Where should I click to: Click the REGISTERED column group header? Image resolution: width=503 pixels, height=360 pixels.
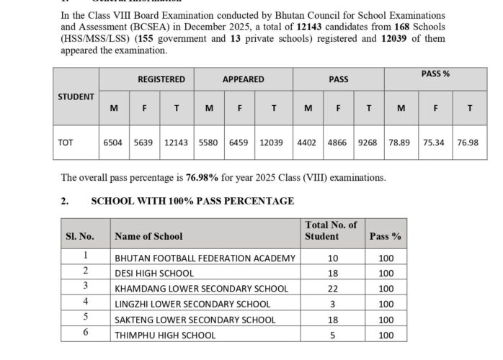coord(161,79)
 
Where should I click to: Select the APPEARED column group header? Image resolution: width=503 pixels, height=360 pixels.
coord(243,79)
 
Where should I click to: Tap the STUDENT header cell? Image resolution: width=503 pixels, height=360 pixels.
coord(76,96)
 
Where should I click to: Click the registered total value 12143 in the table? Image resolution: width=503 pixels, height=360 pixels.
coord(176,143)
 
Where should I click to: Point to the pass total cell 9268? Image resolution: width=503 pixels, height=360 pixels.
coord(367,143)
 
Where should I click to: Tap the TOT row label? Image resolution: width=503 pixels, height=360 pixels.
coord(65,143)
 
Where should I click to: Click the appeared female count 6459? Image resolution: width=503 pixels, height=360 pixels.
coord(239,143)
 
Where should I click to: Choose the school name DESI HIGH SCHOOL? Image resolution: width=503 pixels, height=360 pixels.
coord(154,274)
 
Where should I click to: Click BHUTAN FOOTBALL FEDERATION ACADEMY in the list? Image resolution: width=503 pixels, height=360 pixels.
coord(205,258)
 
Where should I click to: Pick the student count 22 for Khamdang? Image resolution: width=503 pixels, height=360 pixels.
coord(332,289)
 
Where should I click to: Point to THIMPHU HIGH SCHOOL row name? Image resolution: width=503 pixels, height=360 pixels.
coord(164,335)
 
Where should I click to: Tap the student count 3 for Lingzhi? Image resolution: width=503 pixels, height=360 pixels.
coord(332,305)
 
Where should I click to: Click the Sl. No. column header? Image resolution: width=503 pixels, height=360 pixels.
coord(80,236)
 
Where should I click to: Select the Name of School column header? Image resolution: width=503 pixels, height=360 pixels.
coord(148,236)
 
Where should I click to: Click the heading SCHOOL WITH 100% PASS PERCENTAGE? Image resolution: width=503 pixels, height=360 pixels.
coord(192,201)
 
